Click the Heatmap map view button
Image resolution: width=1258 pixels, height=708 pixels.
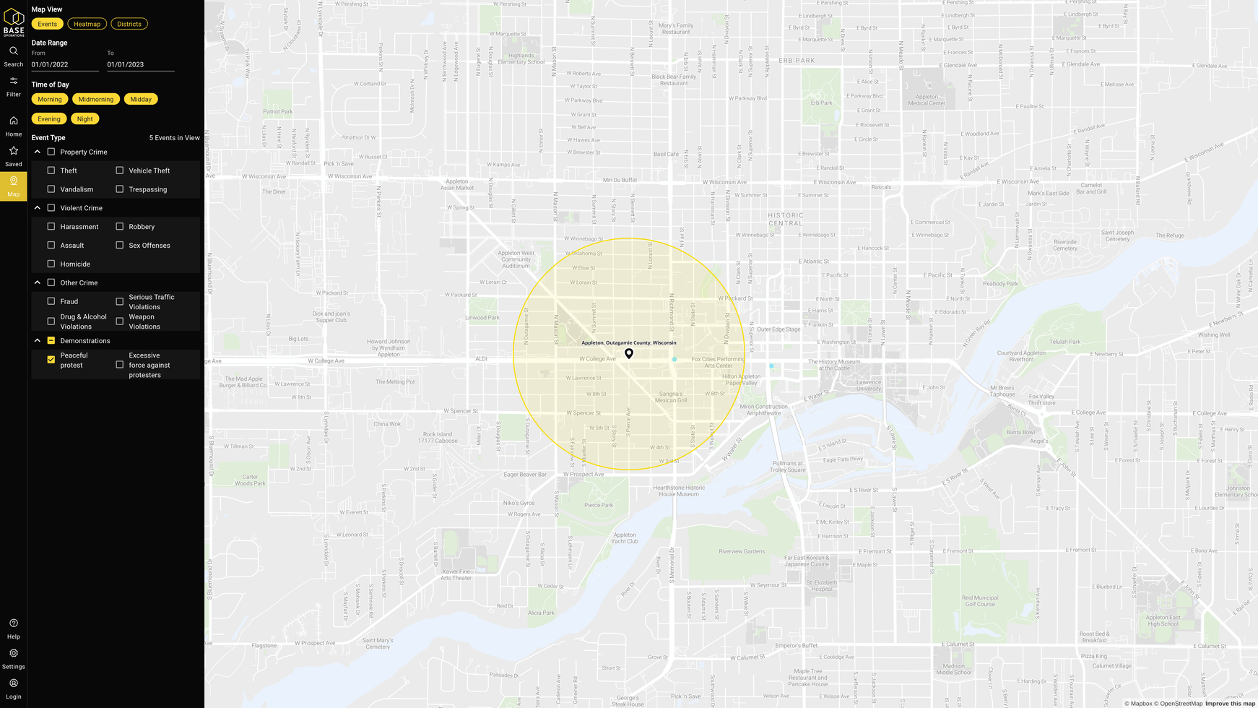tap(87, 24)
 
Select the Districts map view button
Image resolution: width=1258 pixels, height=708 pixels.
tap(129, 24)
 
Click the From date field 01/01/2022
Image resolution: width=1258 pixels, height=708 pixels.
tap(64, 64)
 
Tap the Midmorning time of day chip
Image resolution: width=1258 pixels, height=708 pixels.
tap(96, 99)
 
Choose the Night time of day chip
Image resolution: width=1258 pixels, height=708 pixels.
tap(84, 118)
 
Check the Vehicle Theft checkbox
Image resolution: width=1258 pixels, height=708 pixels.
tap(120, 170)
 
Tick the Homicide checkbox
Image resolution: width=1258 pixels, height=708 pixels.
tap(51, 264)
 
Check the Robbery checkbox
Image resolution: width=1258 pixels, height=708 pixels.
tap(120, 227)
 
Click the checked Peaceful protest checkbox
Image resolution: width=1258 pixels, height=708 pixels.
tap(51, 359)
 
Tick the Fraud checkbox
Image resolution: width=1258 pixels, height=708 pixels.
tap(51, 301)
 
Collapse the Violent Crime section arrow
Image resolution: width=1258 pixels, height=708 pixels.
tap(38, 208)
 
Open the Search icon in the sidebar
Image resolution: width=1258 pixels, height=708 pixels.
tap(14, 51)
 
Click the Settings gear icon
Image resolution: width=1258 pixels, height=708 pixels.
tap(14, 653)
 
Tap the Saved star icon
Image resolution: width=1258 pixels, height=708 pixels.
tap(14, 151)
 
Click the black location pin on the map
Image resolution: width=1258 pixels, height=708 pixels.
tap(629, 353)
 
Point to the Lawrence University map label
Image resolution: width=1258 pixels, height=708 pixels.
tap(869, 385)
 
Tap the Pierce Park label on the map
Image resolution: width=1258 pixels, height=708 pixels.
tap(599, 505)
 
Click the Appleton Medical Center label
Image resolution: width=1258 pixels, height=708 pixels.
tap(927, 100)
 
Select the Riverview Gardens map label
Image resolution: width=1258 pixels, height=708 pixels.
tap(742, 551)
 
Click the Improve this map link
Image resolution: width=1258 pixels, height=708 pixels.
tap(1230, 704)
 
